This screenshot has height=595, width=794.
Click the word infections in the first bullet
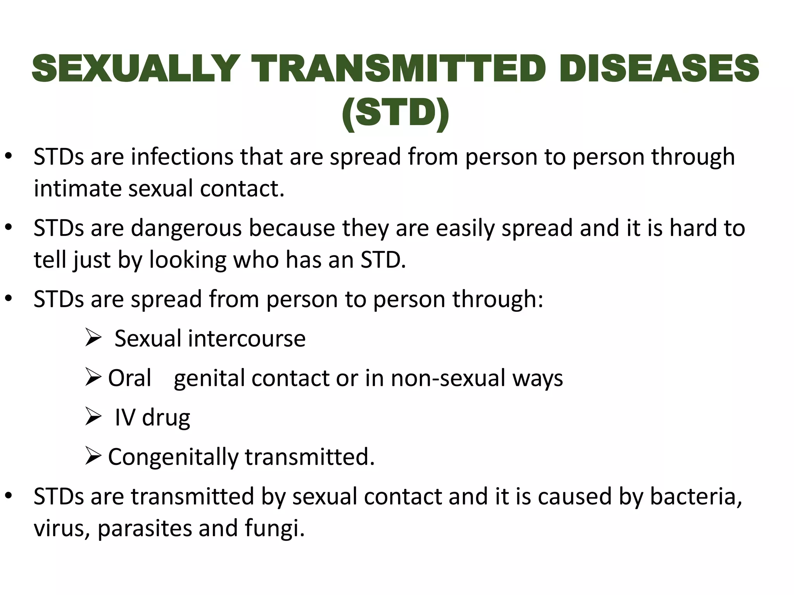pyautogui.click(x=182, y=157)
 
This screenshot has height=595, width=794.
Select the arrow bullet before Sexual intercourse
pyautogui.click(x=93, y=338)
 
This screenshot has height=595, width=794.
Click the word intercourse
pyautogui.click(x=247, y=339)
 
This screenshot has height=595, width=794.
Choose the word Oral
pyautogui.click(x=129, y=378)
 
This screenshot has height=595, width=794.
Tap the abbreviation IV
pyautogui.click(x=125, y=418)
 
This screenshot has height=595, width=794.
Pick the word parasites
pyautogui.click(x=144, y=528)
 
